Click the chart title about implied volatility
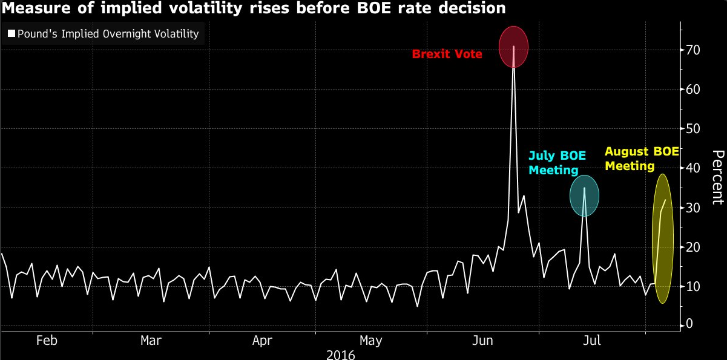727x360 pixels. click(x=253, y=9)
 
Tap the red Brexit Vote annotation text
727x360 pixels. click(x=447, y=54)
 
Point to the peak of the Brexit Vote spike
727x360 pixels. click(x=513, y=47)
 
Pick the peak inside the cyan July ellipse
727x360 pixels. click(x=584, y=188)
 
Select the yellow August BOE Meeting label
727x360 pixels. click(x=642, y=159)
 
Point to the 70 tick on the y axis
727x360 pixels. click(x=693, y=50)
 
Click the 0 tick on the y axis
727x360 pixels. click(x=690, y=326)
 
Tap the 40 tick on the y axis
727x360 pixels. click(x=693, y=168)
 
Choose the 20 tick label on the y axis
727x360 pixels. click(x=693, y=247)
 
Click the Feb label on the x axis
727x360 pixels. click(x=47, y=340)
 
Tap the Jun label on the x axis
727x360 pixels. click(x=483, y=340)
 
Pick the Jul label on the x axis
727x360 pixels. click(x=591, y=340)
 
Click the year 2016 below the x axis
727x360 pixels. click(x=340, y=354)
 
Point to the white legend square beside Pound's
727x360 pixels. click(x=11, y=34)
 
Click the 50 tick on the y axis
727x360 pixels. click(x=693, y=129)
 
